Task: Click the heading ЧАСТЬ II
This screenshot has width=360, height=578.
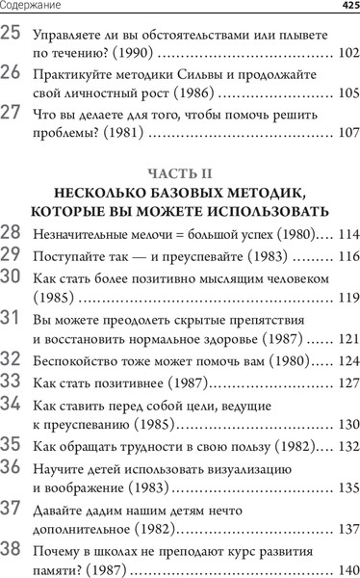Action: click(180, 173)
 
